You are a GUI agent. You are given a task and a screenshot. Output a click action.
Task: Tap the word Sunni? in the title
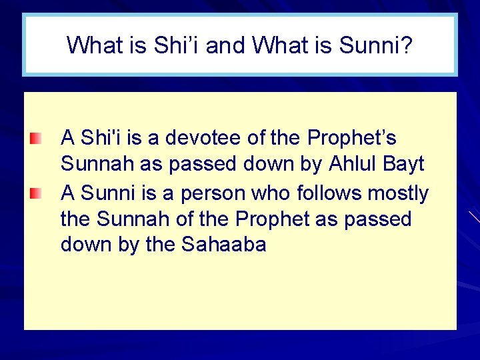[377, 45]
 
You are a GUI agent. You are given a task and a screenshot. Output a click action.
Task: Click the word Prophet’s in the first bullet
[352, 138]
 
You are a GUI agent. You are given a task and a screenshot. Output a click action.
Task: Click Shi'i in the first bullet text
[100, 138]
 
